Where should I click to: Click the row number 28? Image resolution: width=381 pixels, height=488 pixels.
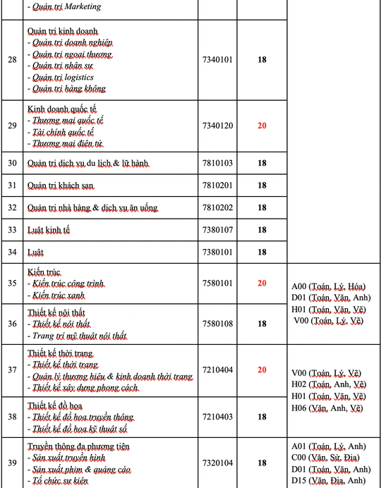pos(11,59)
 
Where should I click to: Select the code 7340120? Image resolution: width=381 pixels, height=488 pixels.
pos(217,126)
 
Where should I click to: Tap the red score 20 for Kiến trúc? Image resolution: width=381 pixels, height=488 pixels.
pos(262,283)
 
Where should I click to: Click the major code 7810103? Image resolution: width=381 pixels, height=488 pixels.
pos(217,163)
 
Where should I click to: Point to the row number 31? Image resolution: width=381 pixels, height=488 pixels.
pos(11,185)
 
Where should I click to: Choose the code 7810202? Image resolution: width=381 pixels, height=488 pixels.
pos(217,207)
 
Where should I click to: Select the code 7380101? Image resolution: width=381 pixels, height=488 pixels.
pos(217,252)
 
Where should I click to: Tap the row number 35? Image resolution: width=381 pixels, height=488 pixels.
pos(11,283)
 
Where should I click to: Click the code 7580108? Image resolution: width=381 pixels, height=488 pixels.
pos(217,324)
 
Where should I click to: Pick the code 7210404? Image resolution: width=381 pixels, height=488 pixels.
pos(217,370)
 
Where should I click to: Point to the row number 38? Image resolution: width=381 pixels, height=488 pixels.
pos(11,417)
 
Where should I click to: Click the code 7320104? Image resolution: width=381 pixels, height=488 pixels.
pos(217,463)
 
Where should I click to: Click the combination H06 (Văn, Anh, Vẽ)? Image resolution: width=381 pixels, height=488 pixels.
pos(329,408)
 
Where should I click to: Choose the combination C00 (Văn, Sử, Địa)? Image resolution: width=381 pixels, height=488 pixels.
pos(328,458)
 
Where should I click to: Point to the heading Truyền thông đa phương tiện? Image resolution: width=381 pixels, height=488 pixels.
pos(78,446)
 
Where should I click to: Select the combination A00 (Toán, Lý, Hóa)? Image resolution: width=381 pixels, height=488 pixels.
pos(329,286)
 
